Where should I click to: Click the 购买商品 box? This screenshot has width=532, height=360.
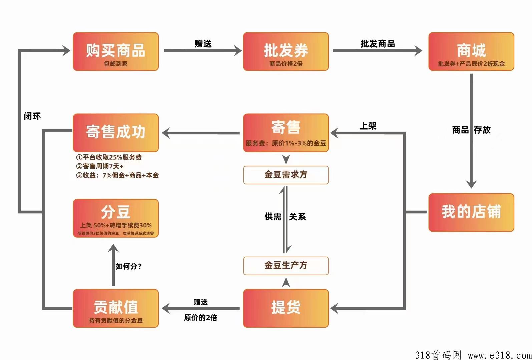pyautogui.click(x=116, y=52)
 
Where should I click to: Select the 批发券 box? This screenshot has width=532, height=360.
pyautogui.click(x=286, y=52)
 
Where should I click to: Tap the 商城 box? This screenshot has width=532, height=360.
pyautogui.click(x=471, y=52)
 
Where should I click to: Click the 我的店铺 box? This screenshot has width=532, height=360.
pyautogui.click(x=471, y=212)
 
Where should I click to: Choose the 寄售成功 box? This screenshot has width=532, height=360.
pyautogui.click(x=116, y=133)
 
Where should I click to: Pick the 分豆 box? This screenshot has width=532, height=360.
pyautogui.click(x=116, y=218)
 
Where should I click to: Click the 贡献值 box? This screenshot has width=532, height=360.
pyautogui.click(x=116, y=308)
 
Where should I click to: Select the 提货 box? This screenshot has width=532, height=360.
pyautogui.click(x=286, y=308)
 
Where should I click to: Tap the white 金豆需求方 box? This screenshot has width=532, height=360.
pyautogui.click(x=286, y=175)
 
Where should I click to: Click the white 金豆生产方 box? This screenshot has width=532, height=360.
pyautogui.click(x=286, y=266)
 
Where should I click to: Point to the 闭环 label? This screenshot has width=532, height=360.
pyautogui.click(x=32, y=116)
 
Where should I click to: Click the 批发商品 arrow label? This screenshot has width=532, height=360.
pyautogui.click(x=378, y=44)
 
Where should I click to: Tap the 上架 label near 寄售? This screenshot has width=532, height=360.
pyautogui.click(x=368, y=126)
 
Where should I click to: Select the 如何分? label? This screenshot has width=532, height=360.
pyautogui.click(x=129, y=266)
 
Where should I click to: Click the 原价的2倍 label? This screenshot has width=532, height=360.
pyautogui.click(x=200, y=318)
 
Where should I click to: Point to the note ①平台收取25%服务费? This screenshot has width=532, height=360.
pyautogui.click(x=109, y=157)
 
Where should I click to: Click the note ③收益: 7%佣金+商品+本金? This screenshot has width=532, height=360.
pyautogui.click(x=117, y=175)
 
